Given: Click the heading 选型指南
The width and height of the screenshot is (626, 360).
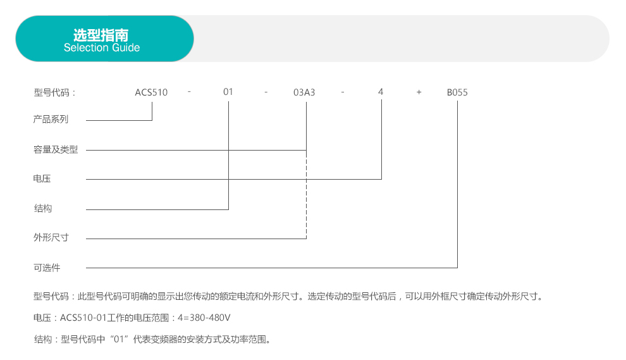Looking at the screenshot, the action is [x=101, y=35].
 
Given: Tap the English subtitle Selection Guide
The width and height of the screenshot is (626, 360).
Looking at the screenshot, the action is [x=102, y=47].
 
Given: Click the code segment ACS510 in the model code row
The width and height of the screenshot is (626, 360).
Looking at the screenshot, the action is [x=151, y=92].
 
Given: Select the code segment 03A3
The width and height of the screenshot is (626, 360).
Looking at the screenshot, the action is [x=304, y=92].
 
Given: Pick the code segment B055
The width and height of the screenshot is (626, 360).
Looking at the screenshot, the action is [x=457, y=92].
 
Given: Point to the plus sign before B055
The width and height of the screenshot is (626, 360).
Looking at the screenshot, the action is [x=419, y=92].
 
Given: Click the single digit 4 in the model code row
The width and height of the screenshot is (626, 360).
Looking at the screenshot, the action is [x=381, y=92].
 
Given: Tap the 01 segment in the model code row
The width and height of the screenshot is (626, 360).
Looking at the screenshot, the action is [x=228, y=92].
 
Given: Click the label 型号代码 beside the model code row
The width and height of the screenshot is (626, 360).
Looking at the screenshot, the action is [x=51, y=93].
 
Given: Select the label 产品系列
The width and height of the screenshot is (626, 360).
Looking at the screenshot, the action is [x=51, y=119].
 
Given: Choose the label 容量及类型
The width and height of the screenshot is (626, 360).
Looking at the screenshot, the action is [x=56, y=149].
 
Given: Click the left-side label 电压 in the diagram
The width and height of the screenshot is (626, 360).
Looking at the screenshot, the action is [x=42, y=178].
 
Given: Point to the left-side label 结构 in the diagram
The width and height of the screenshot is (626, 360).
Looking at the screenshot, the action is [x=43, y=208].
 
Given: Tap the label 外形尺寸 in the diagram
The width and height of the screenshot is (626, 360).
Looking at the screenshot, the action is [x=51, y=237].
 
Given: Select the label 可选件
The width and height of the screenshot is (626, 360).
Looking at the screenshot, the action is [x=47, y=268].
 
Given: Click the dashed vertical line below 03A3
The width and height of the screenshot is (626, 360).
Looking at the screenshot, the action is [x=306, y=195].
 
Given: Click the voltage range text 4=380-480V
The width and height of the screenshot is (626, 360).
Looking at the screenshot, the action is [x=204, y=318].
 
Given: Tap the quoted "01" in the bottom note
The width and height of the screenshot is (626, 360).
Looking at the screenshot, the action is [x=119, y=339].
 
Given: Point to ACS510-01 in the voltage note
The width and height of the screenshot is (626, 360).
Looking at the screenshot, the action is [x=83, y=318].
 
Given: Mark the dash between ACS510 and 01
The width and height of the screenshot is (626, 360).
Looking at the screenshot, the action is [x=189, y=92].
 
